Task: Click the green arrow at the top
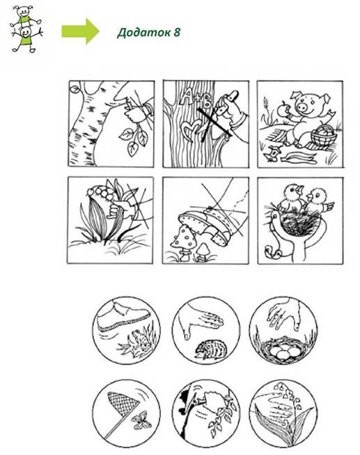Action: pos(80,31)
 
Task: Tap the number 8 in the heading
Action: pos(177,32)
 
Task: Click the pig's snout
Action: pos(302,108)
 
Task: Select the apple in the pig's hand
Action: pos(283,109)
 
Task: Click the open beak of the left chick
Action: pos(299,190)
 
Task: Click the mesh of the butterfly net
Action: pos(122,403)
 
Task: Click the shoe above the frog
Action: pos(123,318)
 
